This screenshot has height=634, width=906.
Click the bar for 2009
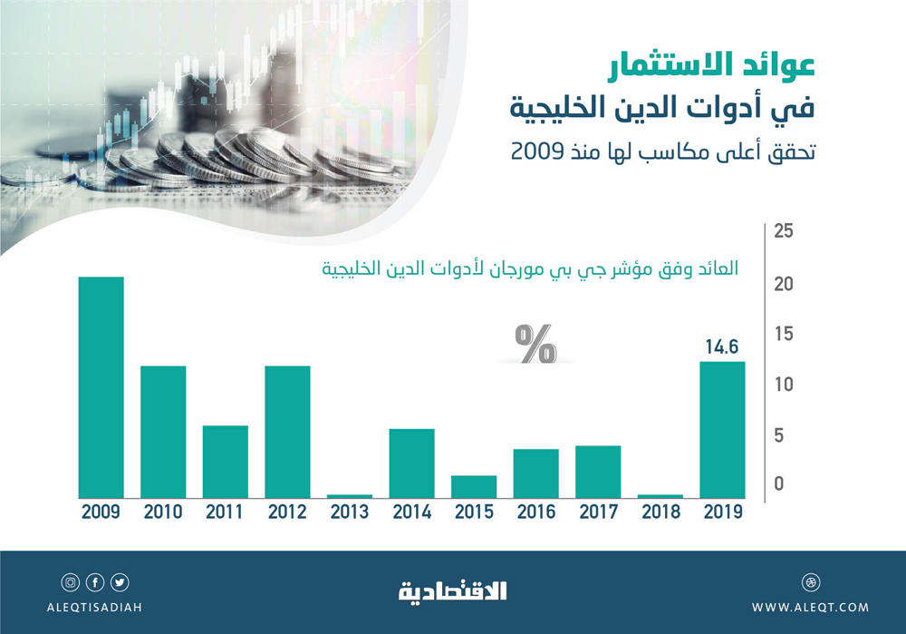pyautogui.click(x=101, y=387)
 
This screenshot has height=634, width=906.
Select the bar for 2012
pyautogui.click(x=287, y=432)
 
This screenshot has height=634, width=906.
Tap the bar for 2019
pyautogui.click(x=722, y=430)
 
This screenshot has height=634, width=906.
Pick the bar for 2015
pyautogui.click(x=474, y=486)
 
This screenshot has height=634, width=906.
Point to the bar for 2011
pyautogui.click(x=225, y=462)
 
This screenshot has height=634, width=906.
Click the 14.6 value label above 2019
pyautogui.click(x=722, y=346)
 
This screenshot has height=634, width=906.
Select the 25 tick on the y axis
pyautogui.click(x=784, y=231)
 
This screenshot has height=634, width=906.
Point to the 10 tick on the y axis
pyautogui.click(x=784, y=385)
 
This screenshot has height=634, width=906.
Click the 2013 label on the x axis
pyautogui.click(x=349, y=512)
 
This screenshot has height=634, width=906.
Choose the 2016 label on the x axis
pyautogui.click(x=536, y=512)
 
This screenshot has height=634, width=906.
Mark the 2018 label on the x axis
pyautogui.click(x=660, y=512)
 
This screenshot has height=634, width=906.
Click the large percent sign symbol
pyautogui.click(x=535, y=344)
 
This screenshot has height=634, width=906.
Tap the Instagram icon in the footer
pyautogui.click(x=70, y=582)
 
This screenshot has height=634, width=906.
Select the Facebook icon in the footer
pyautogui.click(x=94, y=582)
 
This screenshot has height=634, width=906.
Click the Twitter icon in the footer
pyautogui.click(x=120, y=582)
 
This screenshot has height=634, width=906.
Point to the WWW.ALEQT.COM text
pyautogui.click(x=809, y=607)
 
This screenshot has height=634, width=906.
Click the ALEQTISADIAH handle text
pyautogui.click(x=94, y=607)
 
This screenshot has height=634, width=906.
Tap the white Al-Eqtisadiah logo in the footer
pyautogui.click(x=453, y=591)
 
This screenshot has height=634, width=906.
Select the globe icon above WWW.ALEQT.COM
pyautogui.click(x=809, y=582)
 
